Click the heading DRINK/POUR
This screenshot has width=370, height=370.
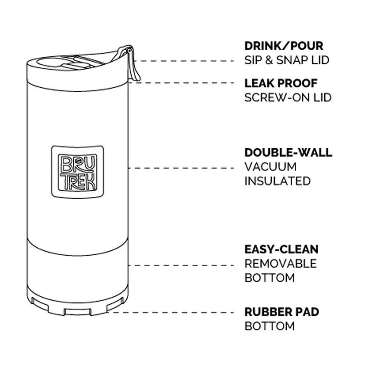[x=284, y=46]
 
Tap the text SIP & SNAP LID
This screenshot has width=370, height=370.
[x=286, y=60]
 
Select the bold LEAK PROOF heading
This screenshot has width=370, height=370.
[x=281, y=83]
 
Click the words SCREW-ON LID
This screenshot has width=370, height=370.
[x=288, y=98]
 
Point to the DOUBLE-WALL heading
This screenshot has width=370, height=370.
[x=288, y=152]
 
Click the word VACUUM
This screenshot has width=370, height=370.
[x=270, y=167]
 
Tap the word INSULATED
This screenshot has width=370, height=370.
[x=277, y=181]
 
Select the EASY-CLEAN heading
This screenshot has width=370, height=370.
[x=281, y=249]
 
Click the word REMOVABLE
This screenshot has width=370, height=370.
[x=280, y=263]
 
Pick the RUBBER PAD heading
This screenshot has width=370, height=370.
[x=282, y=312]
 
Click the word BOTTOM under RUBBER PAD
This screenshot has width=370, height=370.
[x=270, y=326]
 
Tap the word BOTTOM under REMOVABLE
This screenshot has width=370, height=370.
[x=270, y=278]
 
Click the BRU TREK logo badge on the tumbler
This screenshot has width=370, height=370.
[x=77, y=172]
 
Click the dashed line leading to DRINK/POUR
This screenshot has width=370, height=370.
[x=185, y=61]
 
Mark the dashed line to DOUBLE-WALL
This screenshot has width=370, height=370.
[x=181, y=168]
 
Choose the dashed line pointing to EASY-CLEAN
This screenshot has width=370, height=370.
[x=181, y=265]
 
